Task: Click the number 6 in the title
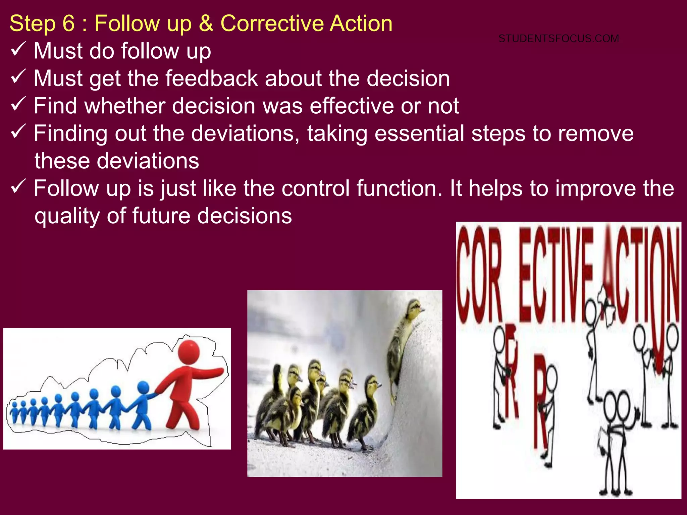coord(68,23)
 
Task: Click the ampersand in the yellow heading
coord(206,23)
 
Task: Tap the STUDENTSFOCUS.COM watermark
coord(559,39)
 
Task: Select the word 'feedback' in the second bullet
coord(211,78)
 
